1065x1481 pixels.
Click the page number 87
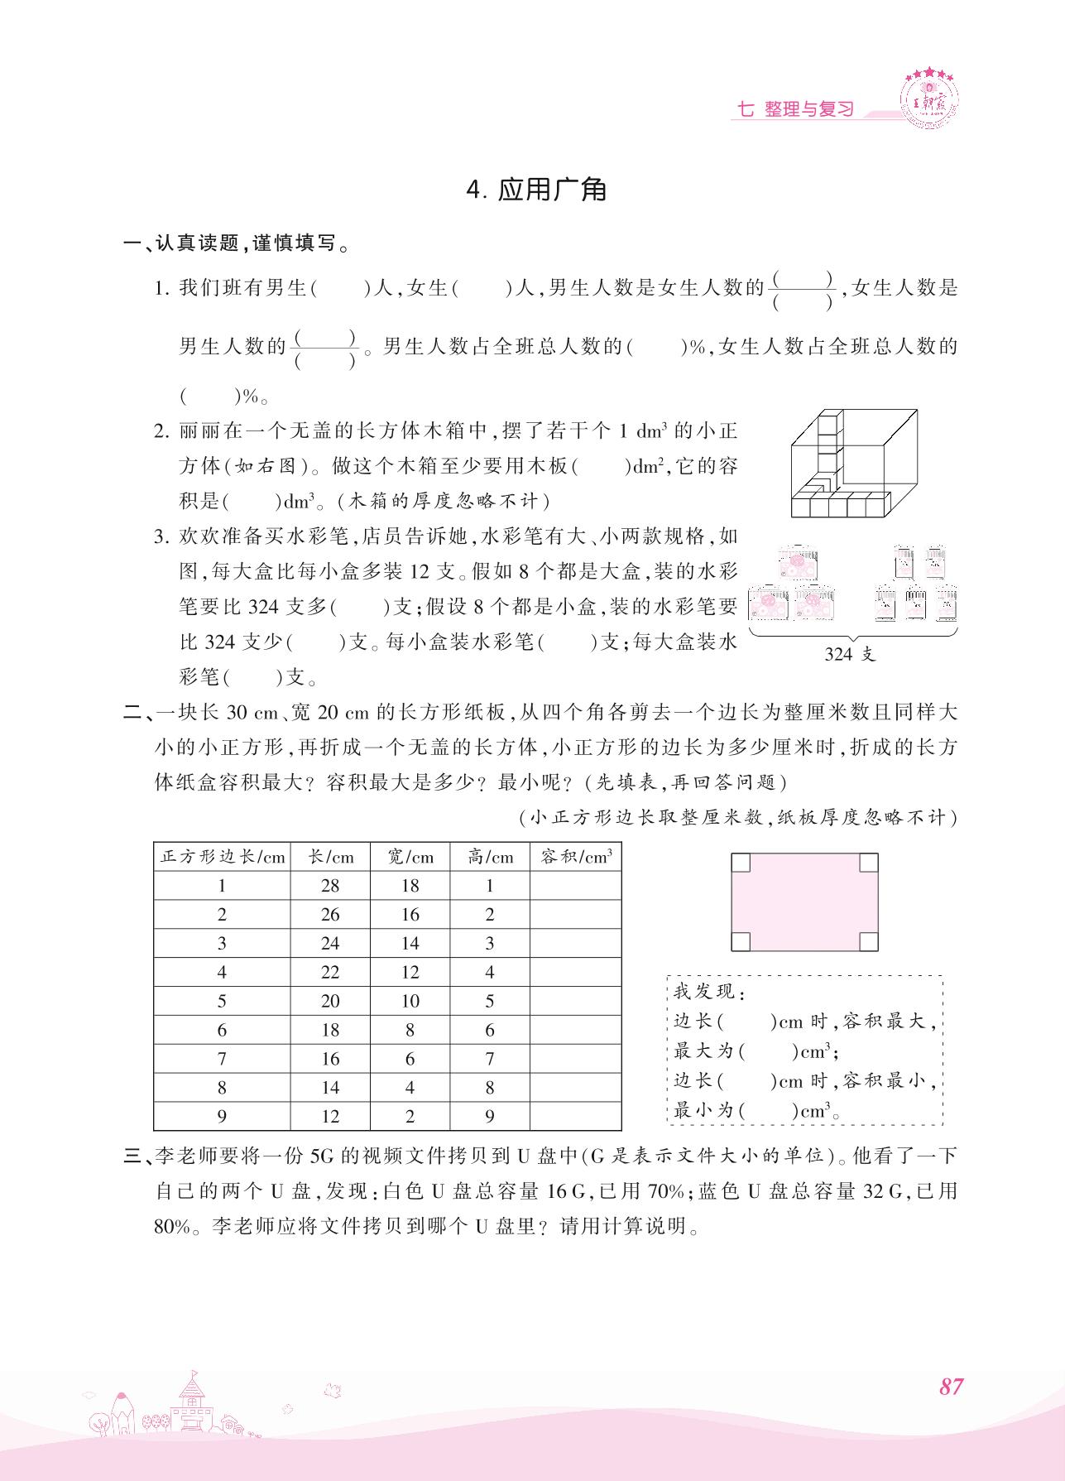point(951,1386)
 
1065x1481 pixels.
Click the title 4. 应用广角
point(537,190)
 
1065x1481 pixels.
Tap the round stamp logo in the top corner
point(932,99)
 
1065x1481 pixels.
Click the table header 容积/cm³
point(576,857)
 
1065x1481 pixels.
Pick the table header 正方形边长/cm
point(222,857)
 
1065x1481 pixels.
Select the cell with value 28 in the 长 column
point(330,886)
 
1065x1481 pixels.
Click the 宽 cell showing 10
point(410,1001)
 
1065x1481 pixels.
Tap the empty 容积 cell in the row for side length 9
point(576,1116)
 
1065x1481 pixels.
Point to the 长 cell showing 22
point(330,972)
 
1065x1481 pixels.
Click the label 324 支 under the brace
point(850,654)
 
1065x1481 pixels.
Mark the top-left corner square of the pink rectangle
point(741,863)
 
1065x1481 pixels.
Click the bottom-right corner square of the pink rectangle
point(868,941)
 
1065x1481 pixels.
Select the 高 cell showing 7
point(490,1059)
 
